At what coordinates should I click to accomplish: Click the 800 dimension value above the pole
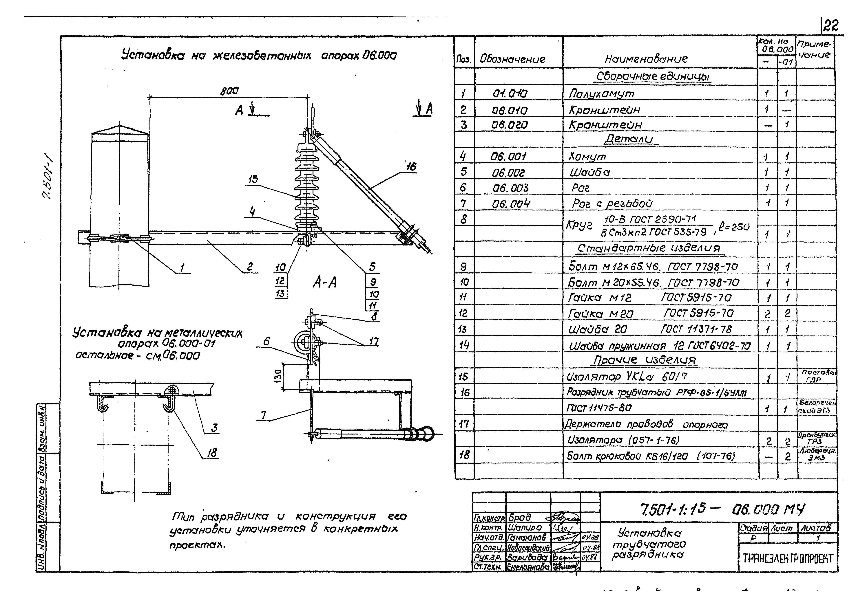click(x=229, y=91)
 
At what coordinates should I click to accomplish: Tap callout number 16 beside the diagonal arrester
click(x=411, y=167)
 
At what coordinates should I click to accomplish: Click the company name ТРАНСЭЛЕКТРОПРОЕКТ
click(x=788, y=559)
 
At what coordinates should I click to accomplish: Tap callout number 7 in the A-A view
click(x=263, y=415)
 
